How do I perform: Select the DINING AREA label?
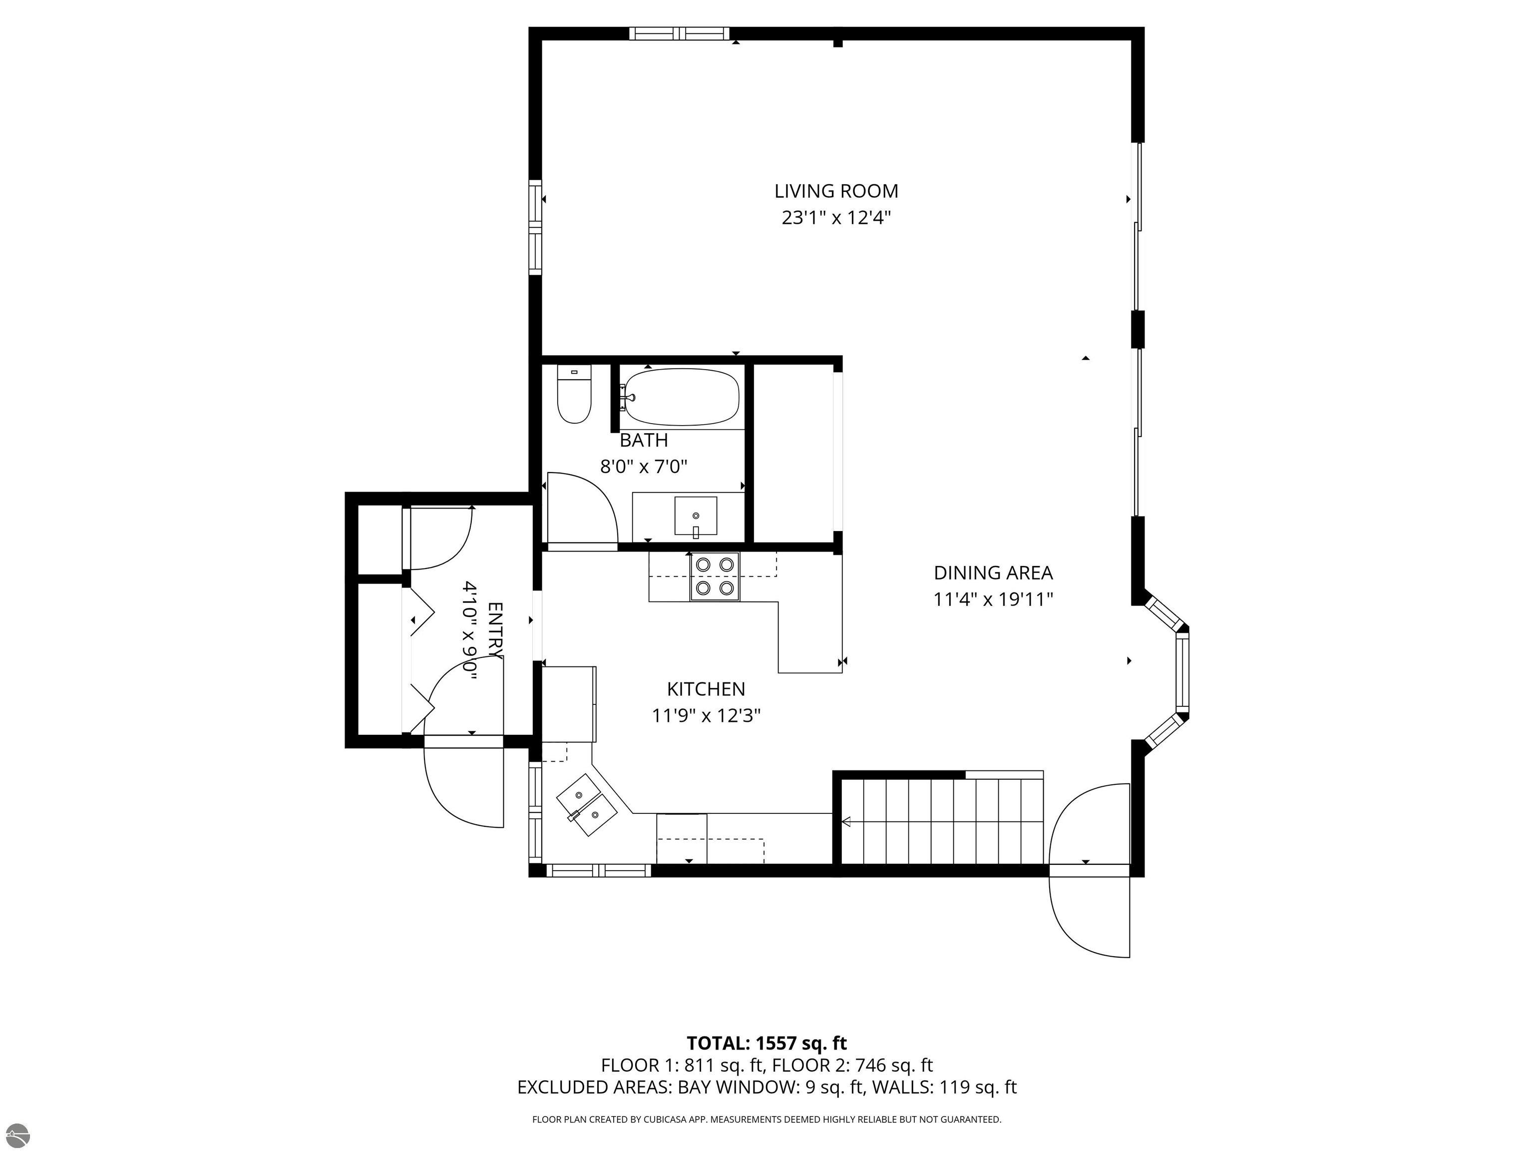tap(993, 573)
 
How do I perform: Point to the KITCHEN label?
tap(706, 689)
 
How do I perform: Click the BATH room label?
tap(644, 440)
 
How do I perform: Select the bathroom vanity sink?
tap(696, 516)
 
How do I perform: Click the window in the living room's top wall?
tap(679, 33)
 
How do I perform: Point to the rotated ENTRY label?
tap(495, 630)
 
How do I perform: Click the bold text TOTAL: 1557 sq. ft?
tap(767, 1043)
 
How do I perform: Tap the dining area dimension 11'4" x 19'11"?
tap(993, 599)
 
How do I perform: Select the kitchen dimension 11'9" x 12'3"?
tap(706, 715)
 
